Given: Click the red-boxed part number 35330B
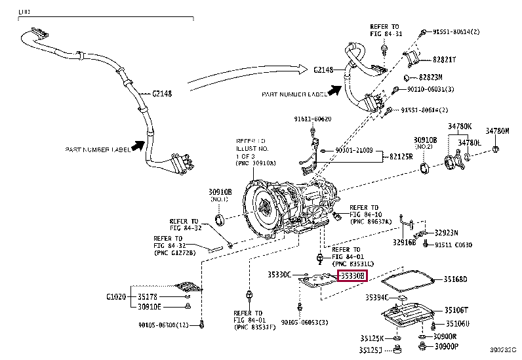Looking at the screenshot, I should [351, 277].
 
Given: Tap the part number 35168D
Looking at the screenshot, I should [454, 279].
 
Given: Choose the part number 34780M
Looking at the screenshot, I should [497, 131].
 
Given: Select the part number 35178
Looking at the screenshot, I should [148, 296].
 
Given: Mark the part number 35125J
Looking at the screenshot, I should [371, 350].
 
